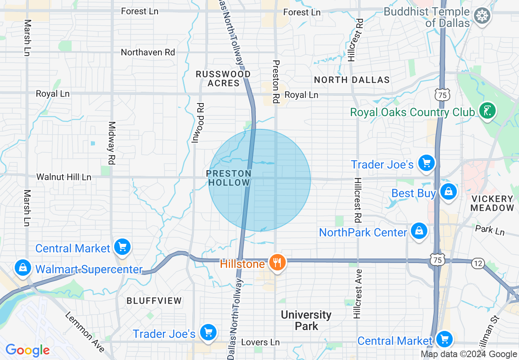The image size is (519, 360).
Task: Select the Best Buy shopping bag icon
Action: [449, 191]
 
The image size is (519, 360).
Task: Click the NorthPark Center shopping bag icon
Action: [419, 231]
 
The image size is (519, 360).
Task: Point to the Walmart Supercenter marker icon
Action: [23, 268]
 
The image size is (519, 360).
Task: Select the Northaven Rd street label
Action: [148, 52]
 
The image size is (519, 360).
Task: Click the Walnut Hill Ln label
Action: [64, 177]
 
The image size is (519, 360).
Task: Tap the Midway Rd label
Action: [111, 143]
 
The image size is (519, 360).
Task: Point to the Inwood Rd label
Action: [201, 123]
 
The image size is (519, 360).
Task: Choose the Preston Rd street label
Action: [276, 82]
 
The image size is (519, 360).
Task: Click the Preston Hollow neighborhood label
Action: [228, 178]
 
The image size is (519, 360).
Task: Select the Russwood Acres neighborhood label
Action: [223, 79]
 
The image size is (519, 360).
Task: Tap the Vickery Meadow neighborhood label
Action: [492, 203]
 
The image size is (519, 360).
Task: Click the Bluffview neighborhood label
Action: [154, 301]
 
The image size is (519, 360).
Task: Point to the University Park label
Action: [306, 320]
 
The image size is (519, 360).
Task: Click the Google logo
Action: [27, 350]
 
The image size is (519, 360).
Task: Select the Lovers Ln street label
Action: [260, 342]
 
